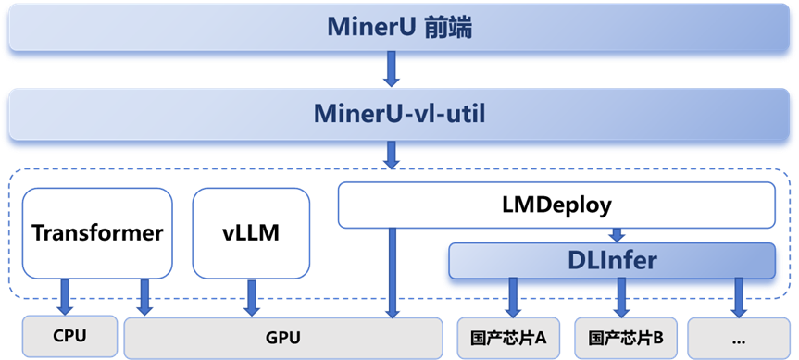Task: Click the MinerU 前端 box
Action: click(399, 29)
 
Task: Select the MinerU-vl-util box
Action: click(399, 115)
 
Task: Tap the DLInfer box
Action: click(611, 261)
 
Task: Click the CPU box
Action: click(70, 337)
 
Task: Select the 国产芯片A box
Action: click(509, 338)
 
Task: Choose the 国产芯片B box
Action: click(626, 338)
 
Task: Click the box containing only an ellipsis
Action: click(739, 338)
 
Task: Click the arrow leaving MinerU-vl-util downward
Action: click(392, 155)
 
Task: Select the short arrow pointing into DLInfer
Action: click(618, 235)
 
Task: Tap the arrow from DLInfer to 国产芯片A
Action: click(512, 297)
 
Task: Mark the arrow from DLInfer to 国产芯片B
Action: click(621, 297)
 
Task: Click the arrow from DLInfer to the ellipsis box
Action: click(739, 297)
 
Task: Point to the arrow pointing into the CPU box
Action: click(66, 297)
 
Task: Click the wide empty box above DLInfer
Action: click(556, 205)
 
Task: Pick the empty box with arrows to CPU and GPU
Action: click(97, 233)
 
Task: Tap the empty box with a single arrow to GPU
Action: click(251, 233)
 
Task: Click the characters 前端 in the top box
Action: click(448, 28)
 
